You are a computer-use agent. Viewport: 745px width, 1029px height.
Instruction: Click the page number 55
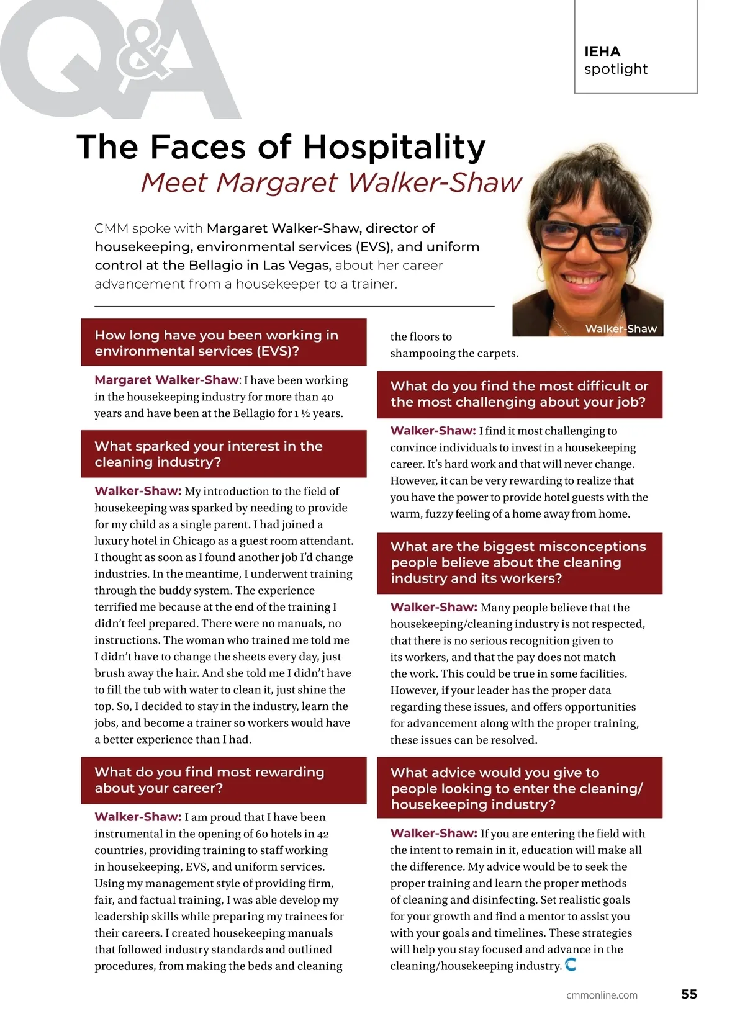[x=689, y=994]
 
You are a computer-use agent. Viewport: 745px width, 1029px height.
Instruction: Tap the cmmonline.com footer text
[x=602, y=995]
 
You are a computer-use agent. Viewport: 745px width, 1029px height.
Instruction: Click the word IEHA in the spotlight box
[x=602, y=52]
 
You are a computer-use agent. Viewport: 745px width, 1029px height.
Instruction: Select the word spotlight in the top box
[x=615, y=69]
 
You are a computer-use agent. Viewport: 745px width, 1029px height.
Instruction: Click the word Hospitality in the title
[x=394, y=148]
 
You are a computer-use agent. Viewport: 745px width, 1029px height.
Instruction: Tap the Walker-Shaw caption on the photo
[x=620, y=329]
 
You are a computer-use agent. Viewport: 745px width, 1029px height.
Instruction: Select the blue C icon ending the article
[x=571, y=964]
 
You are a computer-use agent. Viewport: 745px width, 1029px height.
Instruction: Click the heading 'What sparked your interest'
[x=209, y=454]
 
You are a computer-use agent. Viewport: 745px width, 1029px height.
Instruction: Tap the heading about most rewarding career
[x=209, y=780]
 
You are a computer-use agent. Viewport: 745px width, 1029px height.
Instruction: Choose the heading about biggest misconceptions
[x=518, y=562]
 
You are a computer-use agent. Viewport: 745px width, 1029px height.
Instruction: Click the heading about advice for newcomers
[x=516, y=788]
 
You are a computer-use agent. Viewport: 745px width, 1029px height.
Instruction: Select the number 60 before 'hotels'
[x=261, y=834]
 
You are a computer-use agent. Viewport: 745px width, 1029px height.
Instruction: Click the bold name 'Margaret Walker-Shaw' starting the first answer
[x=166, y=380]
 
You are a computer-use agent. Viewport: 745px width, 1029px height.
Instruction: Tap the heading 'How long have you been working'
[x=216, y=343]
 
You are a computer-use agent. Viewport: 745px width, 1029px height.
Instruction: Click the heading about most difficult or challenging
[x=518, y=394]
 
